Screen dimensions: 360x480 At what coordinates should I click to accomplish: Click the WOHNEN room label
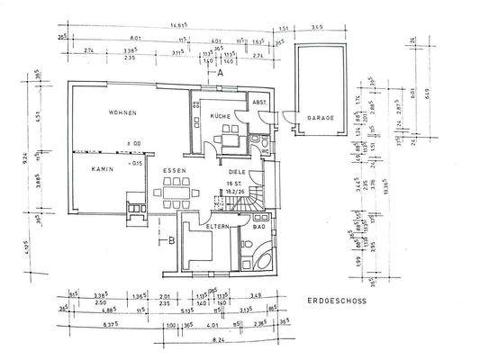[x=122, y=113]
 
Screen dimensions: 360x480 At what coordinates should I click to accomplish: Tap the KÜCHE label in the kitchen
[x=221, y=116]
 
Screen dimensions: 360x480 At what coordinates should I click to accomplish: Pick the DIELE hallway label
[x=236, y=170]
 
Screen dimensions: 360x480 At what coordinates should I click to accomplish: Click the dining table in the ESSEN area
[x=176, y=192]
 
